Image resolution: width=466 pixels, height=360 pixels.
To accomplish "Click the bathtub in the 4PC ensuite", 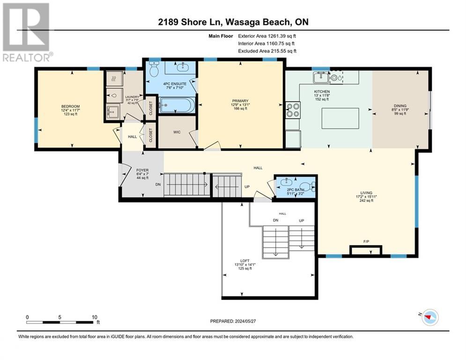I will pyautogui.click(x=175, y=105).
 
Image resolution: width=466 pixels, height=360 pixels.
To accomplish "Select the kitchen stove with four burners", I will pyautogui.click(x=293, y=109).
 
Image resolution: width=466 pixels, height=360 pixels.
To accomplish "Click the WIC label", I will pyautogui.click(x=177, y=132).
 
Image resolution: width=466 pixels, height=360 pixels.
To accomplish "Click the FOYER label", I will pyautogui.click(x=142, y=170).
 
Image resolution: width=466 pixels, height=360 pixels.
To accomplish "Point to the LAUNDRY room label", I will pyautogui.click(x=132, y=97).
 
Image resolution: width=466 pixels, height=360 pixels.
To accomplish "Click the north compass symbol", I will pyautogui.click(x=429, y=317).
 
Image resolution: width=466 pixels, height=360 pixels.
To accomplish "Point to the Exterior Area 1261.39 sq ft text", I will pyautogui.click(x=267, y=35).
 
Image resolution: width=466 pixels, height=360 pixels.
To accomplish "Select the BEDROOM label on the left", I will pyautogui.click(x=70, y=106).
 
